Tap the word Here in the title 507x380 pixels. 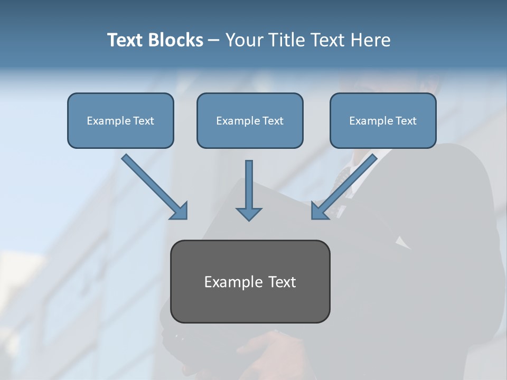370,40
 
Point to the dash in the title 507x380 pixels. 214,41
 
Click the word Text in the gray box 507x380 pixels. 282,282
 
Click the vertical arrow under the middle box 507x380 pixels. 249,185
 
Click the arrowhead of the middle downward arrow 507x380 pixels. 249,213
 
